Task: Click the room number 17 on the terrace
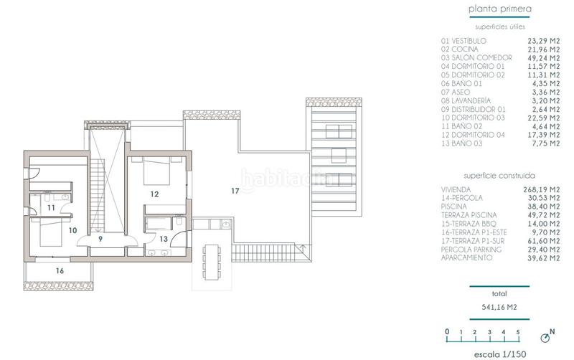[235, 191]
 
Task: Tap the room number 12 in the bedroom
[154, 194]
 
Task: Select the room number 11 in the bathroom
[51, 207]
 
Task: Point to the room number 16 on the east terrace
[59, 271]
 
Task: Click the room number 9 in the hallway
[100, 240]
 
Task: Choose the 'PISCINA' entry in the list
[454, 206]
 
